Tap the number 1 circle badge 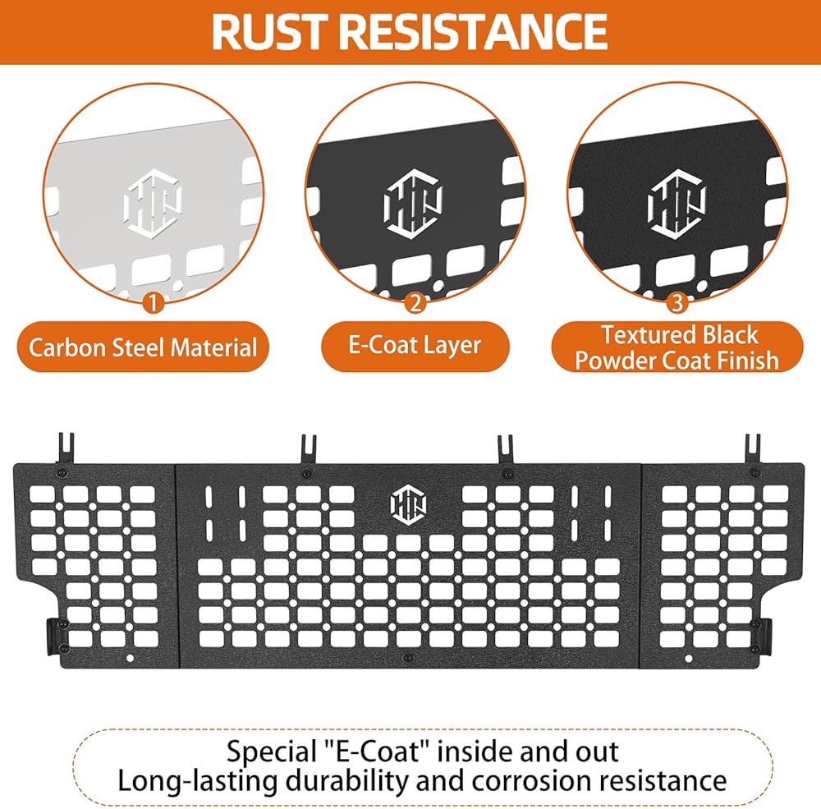tap(153, 303)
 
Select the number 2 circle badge tap(415, 303)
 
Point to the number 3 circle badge tap(677, 303)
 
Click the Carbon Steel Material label tap(143, 347)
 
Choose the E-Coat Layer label tap(415, 346)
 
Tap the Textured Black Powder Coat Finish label tap(677, 347)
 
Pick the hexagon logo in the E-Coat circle tap(413, 204)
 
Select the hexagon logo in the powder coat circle tap(677, 204)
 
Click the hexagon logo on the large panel tap(409, 504)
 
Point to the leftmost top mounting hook tap(67, 448)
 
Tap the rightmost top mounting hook tap(752, 449)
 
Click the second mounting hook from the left tap(309, 449)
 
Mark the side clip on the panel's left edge tap(53, 636)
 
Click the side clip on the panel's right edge tap(765, 635)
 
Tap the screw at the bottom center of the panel tap(408, 658)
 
